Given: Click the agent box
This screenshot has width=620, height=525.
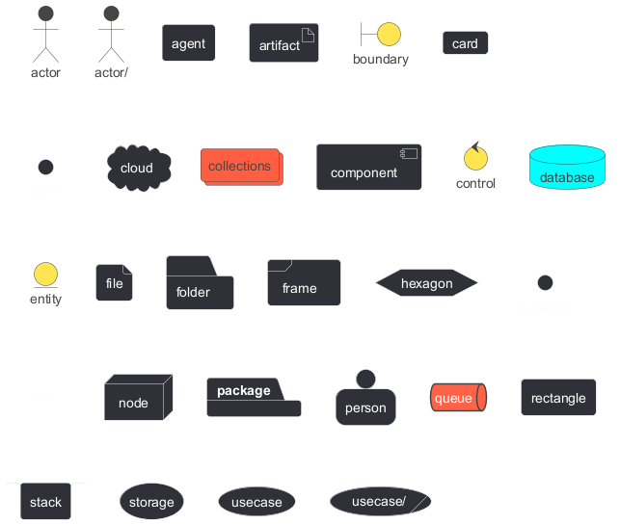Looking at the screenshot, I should coord(188,43).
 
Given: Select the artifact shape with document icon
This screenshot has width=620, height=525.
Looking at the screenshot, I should coord(283,43).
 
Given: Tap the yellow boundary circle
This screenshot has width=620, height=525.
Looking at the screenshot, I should coord(389,35).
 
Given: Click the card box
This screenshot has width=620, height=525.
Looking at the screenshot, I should coord(465,43).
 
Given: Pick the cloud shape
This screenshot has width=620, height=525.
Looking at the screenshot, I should coord(138,168).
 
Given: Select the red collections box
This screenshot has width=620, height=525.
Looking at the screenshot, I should coord(240,167).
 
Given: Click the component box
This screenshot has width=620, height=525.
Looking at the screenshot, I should coord(368,168).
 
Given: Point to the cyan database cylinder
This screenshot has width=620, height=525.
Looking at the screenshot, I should coord(567,168).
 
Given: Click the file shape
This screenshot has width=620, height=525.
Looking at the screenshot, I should coord(114,283).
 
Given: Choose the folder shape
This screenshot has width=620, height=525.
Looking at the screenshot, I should coord(200,284).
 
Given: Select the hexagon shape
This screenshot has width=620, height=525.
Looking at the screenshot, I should coord(426,283).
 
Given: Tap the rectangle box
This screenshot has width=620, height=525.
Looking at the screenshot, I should coord(558,398).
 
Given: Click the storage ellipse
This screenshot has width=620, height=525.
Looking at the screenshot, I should coord(151,502).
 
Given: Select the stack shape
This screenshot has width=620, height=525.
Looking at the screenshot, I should coord(45,500).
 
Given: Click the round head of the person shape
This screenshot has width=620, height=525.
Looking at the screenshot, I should coord(365,378).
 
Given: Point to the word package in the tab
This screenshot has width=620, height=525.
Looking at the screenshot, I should coord(243,390).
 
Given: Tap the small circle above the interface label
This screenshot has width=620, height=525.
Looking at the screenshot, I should coord(545,283).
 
